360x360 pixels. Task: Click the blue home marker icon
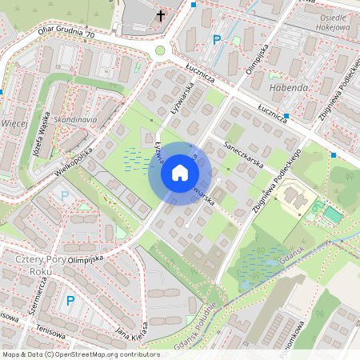180,173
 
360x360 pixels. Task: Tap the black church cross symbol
160,16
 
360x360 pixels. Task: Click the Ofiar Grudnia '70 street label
66,36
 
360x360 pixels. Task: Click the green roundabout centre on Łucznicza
160,50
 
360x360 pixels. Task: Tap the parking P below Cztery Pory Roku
70,301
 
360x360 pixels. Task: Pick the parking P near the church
215,40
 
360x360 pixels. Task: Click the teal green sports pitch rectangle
332,214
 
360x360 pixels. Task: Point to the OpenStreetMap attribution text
80,354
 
